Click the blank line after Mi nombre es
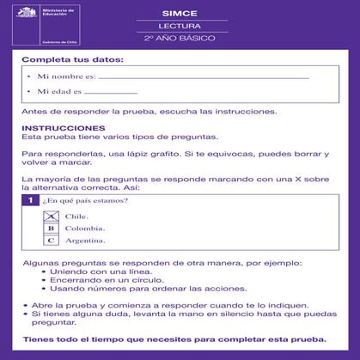click(203, 77)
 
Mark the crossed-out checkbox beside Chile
click(51, 216)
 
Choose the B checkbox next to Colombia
click(51, 229)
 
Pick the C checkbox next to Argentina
click(51, 241)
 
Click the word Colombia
click(85, 229)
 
